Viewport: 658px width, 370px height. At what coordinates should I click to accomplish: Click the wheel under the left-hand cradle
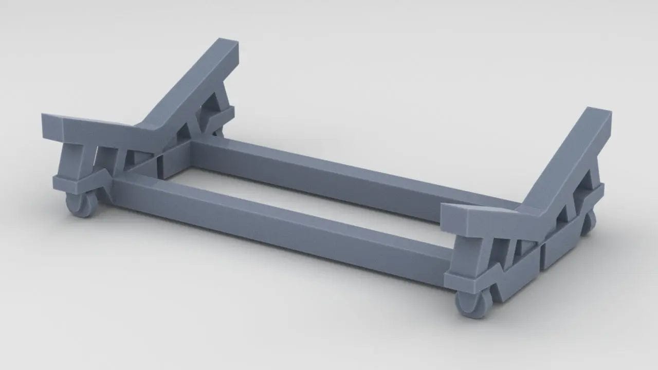tap(81, 205)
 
